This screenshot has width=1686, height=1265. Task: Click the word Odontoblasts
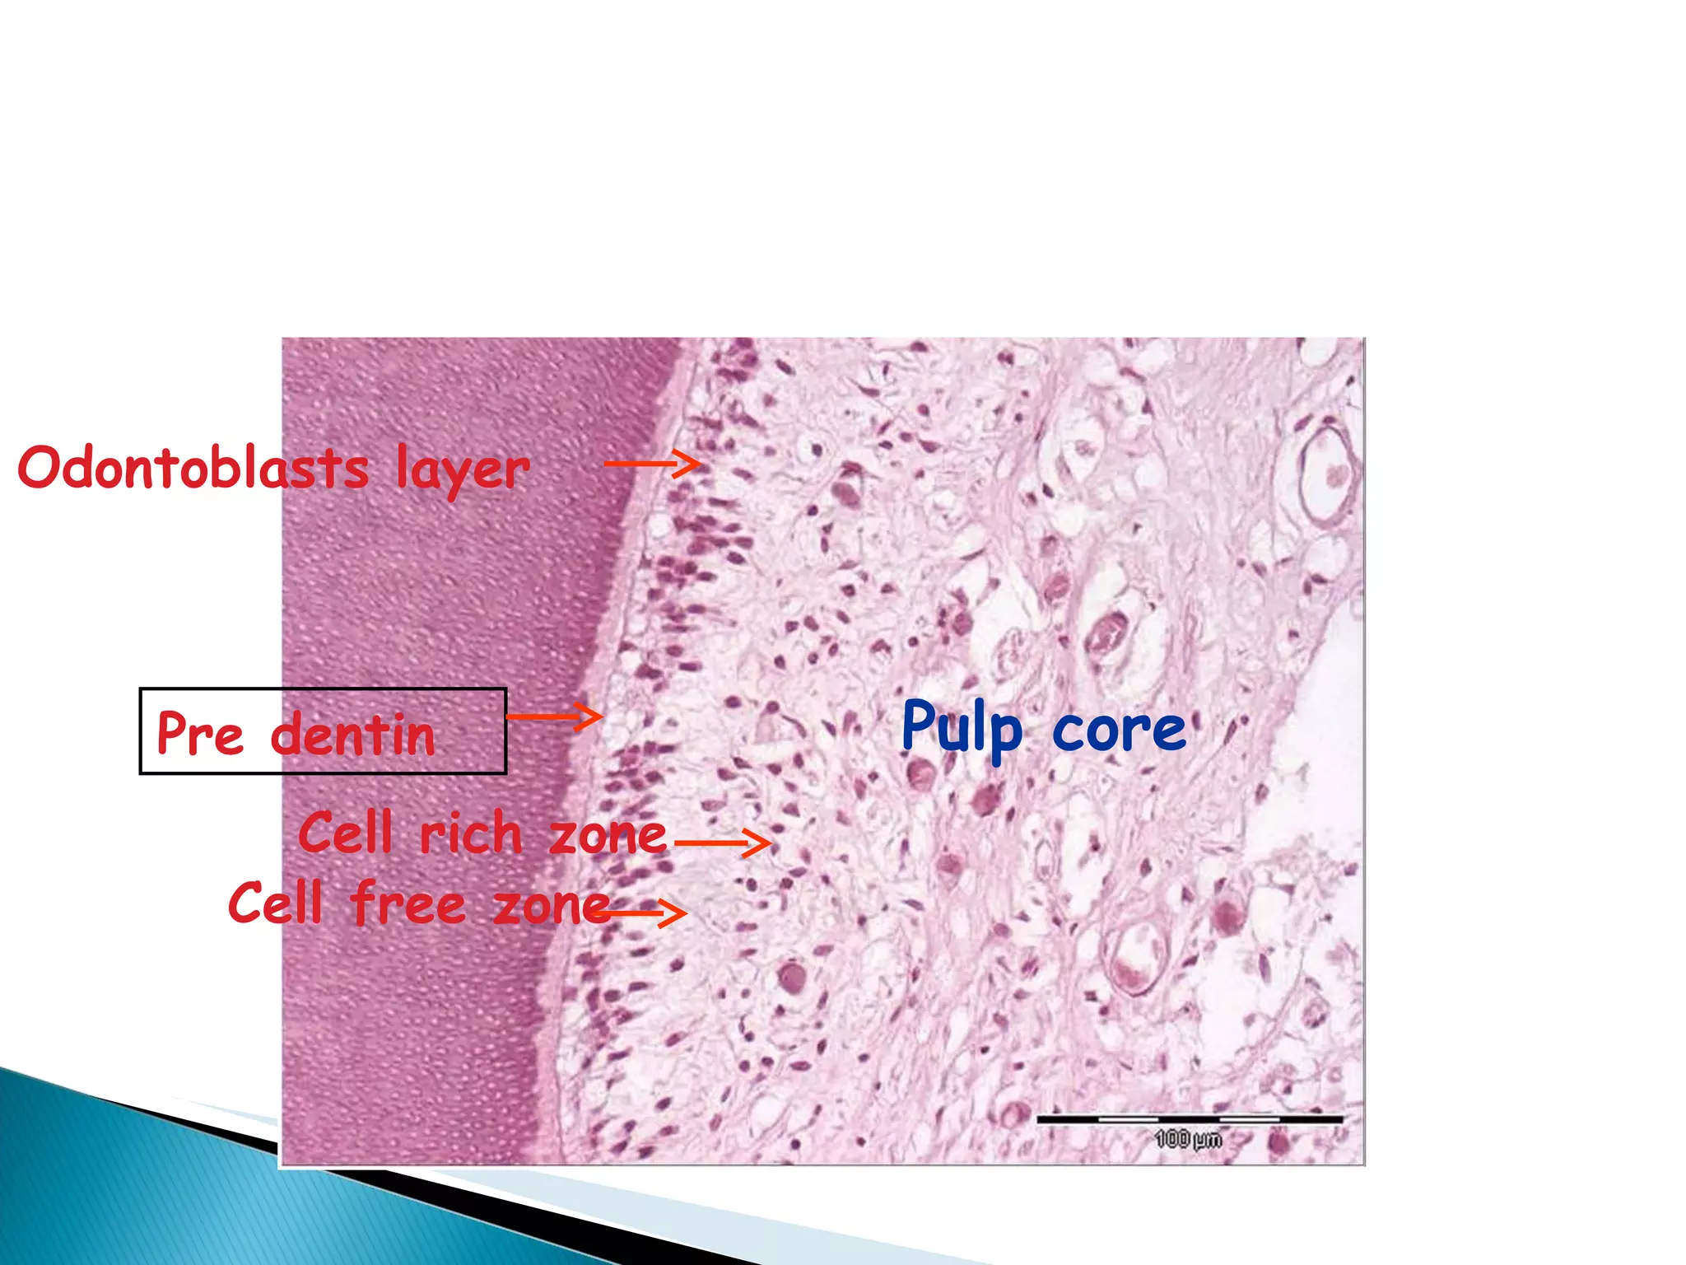[193, 468]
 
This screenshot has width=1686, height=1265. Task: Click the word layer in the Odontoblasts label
[462, 469]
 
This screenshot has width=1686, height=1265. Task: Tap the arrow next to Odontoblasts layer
[652, 464]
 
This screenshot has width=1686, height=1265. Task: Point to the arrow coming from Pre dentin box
[554, 716]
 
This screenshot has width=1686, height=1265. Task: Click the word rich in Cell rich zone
[471, 833]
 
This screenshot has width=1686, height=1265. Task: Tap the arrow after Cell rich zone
[722, 843]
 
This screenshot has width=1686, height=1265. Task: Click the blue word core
[1119, 730]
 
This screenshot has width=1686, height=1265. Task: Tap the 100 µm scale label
[1188, 1139]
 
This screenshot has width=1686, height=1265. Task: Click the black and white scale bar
[1189, 1119]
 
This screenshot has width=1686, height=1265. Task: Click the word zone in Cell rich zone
[607, 835]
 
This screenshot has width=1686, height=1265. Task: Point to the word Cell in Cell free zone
[275, 903]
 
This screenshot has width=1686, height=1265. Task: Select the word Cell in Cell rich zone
[345, 832]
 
